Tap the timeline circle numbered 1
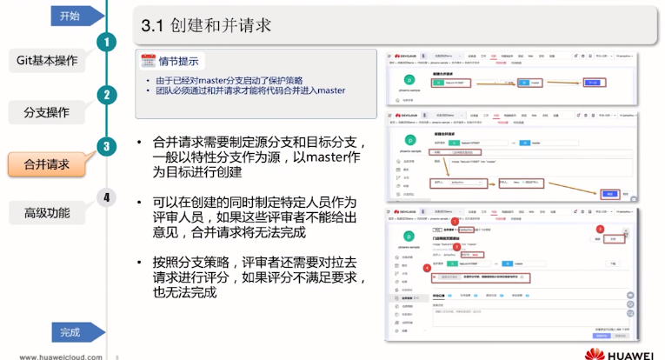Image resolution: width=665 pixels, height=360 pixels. click(x=106, y=43)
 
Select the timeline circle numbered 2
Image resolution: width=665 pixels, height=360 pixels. click(x=106, y=95)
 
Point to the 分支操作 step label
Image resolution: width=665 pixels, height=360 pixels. click(x=47, y=112)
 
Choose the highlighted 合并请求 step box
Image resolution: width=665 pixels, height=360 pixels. click(x=47, y=163)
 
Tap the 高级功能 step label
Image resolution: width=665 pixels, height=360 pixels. click(x=47, y=213)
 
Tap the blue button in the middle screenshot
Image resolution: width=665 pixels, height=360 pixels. click(x=608, y=195)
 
